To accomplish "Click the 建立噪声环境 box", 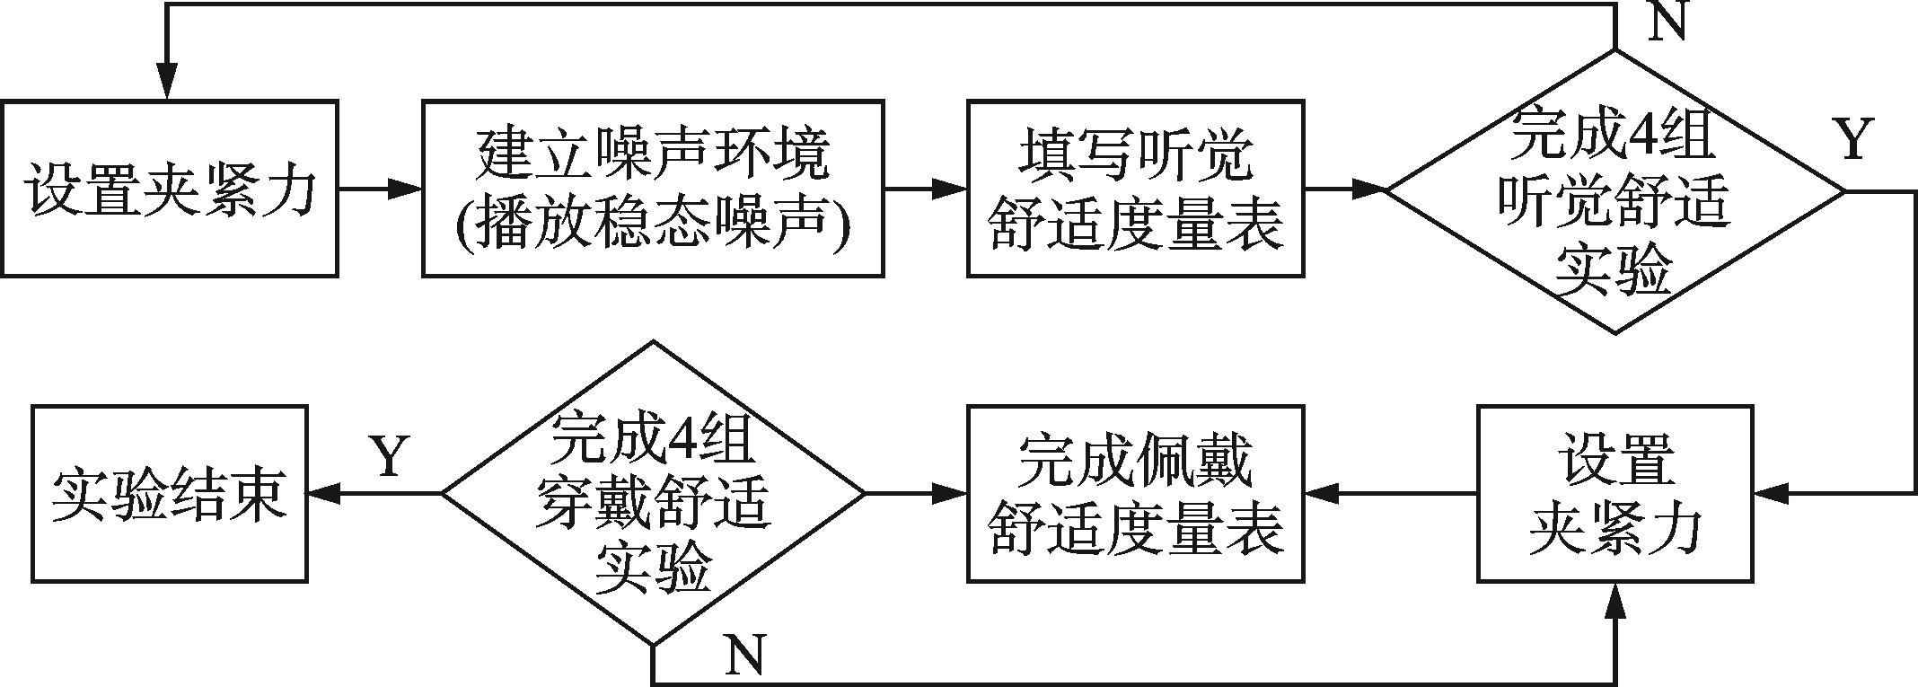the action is click(653, 189).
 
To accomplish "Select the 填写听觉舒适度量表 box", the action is click(1135, 189).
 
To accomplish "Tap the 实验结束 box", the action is click(170, 493).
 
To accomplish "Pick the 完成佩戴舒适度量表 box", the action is click(1135, 493).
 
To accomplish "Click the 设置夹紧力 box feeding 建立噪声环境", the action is click(170, 189).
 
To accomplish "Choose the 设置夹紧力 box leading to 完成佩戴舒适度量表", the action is click(1615, 493).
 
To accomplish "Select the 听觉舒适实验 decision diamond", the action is click(1615, 190).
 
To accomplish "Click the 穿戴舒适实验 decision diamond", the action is click(653, 493).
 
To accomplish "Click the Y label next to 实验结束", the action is click(389, 456).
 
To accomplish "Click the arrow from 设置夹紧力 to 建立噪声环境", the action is click(381, 189).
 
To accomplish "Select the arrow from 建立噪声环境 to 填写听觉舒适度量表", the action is click(925, 189).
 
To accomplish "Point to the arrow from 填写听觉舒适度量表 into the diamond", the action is click(1346, 189).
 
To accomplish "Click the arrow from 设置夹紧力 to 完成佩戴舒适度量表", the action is click(1391, 493).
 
